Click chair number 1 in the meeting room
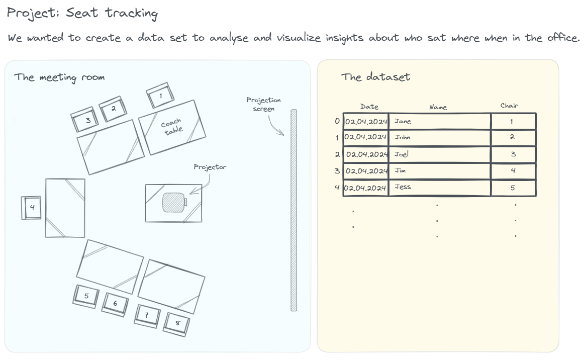coord(160,96)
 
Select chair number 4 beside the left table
coord(31,208)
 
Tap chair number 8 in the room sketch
coord(177,322)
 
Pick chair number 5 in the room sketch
coord(86,296)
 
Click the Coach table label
coord(172,127)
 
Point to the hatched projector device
coord(173,202)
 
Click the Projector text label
coord(210,167)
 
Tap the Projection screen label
coord(263,104)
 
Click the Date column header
coord(369,107)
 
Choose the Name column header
coord(438,107)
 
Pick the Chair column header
coord(509,106)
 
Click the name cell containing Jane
coord(440,121)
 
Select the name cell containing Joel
coord(440,154)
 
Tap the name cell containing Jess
coord(440,187)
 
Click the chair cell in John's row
coord(513,137)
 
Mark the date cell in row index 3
coord(366,171)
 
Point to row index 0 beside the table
coord(337,121)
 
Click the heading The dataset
coord(375,77)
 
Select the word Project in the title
coord(33,13)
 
